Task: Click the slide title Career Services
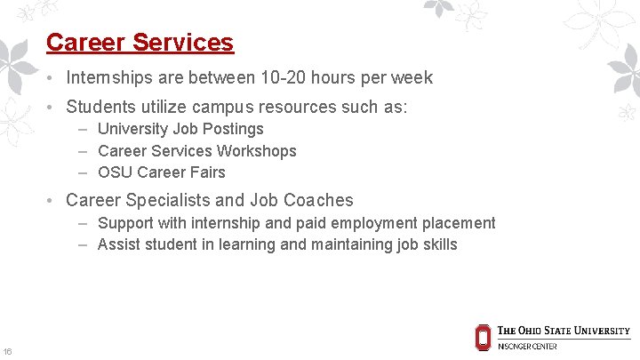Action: (140, 43)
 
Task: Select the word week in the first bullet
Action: (412, 78)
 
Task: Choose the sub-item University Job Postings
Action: (180, 130)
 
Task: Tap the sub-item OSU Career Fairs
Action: (161, 172)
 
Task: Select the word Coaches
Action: (324, 201)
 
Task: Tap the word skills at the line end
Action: (440, 244)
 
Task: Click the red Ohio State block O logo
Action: (483, 336)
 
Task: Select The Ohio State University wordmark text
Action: (564, 331)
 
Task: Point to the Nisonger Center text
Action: (527, 346)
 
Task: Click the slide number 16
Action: (7, 351)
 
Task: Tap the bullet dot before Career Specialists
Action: (54, 201)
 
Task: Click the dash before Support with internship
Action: (83, 223)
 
